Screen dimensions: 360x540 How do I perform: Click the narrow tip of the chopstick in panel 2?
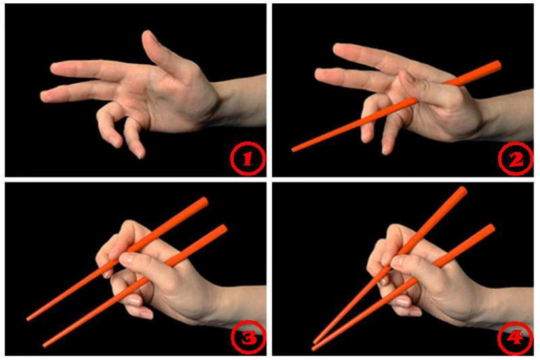[x=295, y=149]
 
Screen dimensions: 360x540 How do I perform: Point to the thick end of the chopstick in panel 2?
[x=497, y=65]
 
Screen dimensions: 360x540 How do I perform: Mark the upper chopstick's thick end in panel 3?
[x=204, y=201]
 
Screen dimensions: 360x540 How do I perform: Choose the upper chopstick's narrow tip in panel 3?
[x=29, y=319]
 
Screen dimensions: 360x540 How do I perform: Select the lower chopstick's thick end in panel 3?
[x=223, y=229]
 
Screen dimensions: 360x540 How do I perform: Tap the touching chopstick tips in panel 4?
[x=315, y=342]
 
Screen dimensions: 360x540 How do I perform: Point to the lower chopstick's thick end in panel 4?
[x=490, y=228]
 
